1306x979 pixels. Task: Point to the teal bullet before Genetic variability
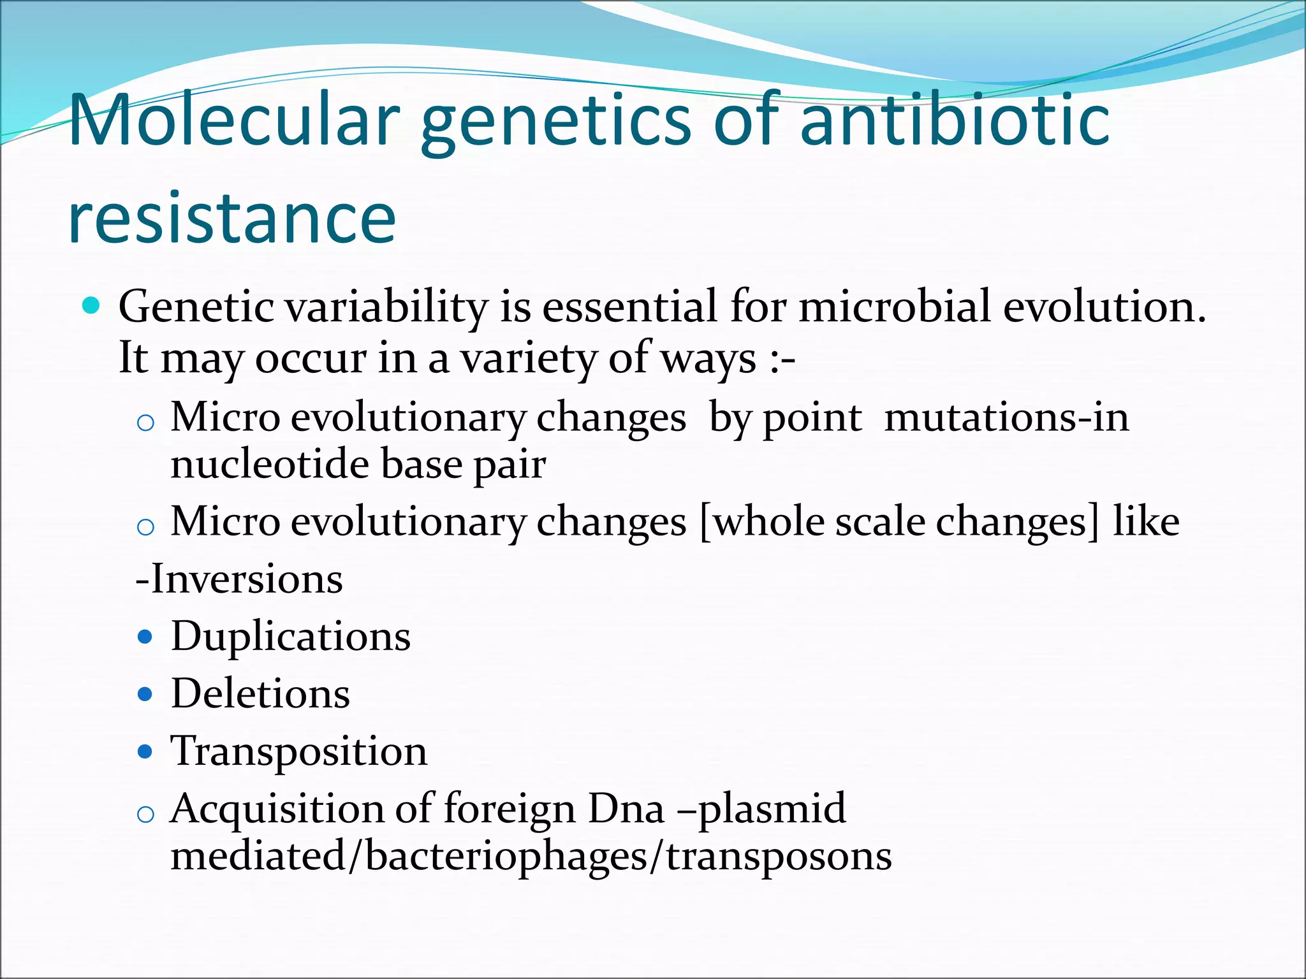[x=92, y=307]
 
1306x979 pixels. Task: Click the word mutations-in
[x=1006, y=418]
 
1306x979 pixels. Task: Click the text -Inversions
[x=240, y=579]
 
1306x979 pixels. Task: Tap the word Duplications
[x=291, y=637]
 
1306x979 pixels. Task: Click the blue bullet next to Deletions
[x=145, y=694]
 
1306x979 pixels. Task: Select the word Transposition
[x=298, y=751]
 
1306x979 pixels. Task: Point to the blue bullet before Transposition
[x=145, y=752]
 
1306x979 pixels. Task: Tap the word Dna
[x=626, y=809]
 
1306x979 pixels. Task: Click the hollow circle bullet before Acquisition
[x=145, y=815]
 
